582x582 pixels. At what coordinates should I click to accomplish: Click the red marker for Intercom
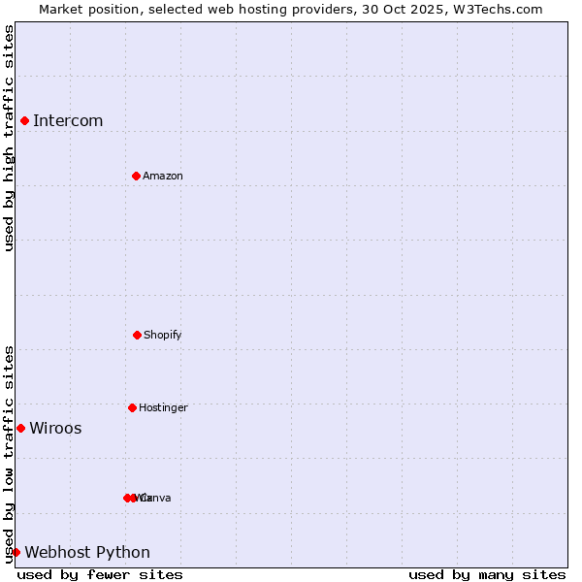[24, 120]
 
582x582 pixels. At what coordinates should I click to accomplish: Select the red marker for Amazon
[136, 176]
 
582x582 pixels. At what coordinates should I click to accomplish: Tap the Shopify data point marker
[137, 335]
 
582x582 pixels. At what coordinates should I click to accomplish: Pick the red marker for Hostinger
[132, 407]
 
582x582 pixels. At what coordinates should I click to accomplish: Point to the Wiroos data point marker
[20, 428]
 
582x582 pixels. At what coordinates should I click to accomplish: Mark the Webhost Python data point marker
[16, 552]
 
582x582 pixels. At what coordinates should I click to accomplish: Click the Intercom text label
[68, 120]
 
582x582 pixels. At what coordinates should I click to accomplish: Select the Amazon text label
[163, 176]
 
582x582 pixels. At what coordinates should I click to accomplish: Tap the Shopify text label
[163, 335]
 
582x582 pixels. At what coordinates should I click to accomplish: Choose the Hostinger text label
[163, 407]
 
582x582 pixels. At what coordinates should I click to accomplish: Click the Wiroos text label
[55, 428]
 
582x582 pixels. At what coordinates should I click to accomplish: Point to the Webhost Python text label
[87, 552]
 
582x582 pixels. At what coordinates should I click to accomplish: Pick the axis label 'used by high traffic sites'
[9, 138]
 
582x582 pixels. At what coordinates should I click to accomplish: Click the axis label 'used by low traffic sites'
[9, 454]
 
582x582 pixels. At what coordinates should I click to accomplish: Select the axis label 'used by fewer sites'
[100, 574]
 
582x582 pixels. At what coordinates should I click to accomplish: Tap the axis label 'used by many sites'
[487, 574]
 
